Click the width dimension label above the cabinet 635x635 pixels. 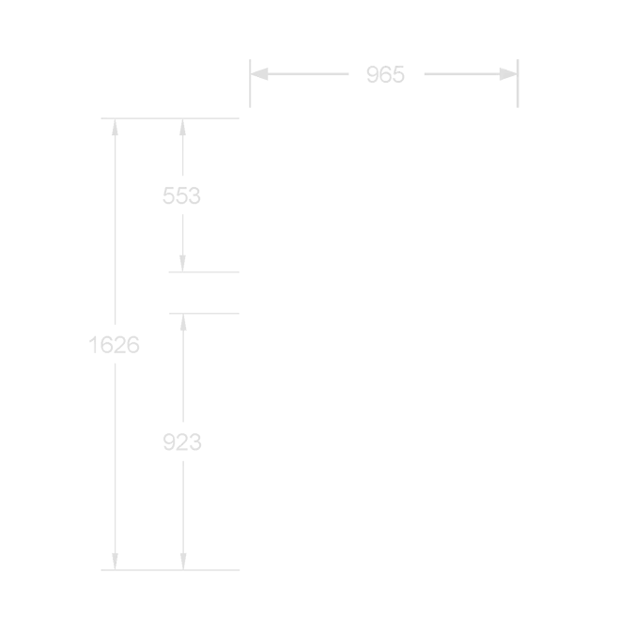click(x=384, y=75)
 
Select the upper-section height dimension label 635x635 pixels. click(x=180, y=195)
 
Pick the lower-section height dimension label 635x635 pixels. click(x=180, y=439)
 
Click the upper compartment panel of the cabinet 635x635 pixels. click(x=383, y=195)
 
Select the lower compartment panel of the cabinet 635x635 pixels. click(x=383, y=431)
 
